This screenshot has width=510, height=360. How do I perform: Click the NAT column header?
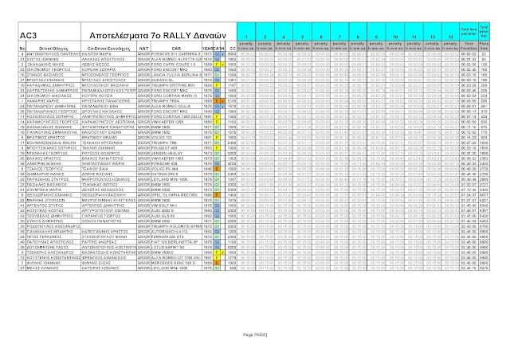click(143, 49)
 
